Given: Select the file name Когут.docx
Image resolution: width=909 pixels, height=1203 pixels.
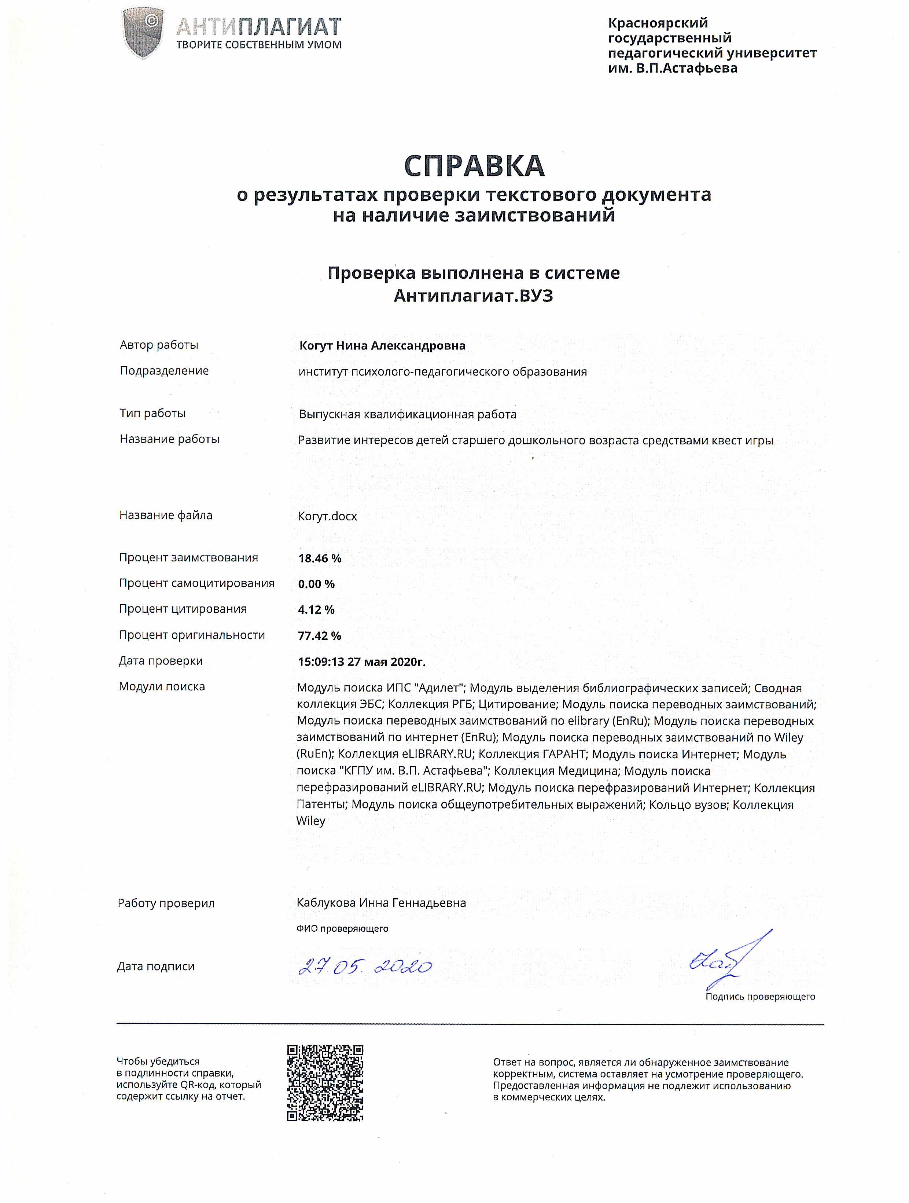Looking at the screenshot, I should pos(327,516).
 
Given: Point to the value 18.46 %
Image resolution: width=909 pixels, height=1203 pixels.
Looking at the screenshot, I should pos(320,558).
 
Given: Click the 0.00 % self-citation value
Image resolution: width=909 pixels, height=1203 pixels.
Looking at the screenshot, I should pos(316,584).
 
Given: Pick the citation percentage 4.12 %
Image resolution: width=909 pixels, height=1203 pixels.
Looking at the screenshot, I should pos(316,610).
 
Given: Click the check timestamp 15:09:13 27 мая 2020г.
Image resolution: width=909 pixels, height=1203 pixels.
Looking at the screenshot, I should pos(361,662).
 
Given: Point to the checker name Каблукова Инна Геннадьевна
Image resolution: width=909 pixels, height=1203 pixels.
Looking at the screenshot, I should pos(381,903).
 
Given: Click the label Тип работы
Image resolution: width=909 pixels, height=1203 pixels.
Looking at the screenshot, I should pos(153,413).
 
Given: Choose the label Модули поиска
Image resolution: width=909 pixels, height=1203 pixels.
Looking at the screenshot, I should pos(162,686).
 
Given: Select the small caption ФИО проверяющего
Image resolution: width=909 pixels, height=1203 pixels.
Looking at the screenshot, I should pos(342,928).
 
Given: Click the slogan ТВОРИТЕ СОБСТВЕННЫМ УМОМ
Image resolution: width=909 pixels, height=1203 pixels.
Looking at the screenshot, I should pos(259,45).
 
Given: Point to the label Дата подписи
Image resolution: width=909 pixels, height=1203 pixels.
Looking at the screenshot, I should pos(156,967).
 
